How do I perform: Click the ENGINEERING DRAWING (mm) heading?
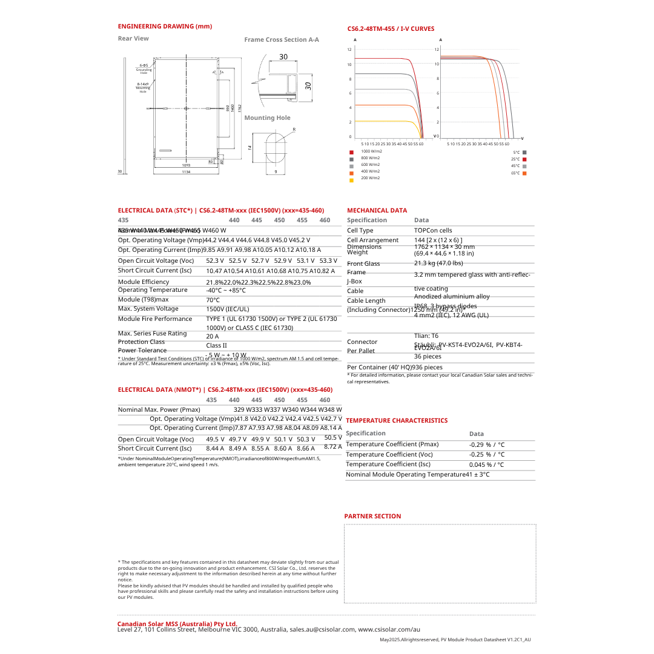(165, 27)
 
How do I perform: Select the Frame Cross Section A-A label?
(282, 40)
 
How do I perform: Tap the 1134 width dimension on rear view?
(186, 172)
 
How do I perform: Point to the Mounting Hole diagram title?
(267, 118)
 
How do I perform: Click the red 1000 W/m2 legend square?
(351, 152)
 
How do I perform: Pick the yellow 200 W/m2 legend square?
(351, 180)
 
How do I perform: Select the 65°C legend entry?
(519, 173)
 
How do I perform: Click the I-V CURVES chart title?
(391, 29)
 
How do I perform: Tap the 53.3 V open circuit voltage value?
(328, 260)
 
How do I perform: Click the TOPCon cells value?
(433, 231)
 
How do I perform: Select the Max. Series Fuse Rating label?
(152, 334)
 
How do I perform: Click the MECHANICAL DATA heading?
(377, 211)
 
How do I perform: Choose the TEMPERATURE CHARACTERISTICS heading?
(397, 420)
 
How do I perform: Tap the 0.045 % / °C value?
(486, 465)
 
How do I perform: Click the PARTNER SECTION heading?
(372, 517)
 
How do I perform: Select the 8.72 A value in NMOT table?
(333, 447)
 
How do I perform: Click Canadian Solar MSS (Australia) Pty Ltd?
(177, 624)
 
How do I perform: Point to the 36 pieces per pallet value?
(428, 357)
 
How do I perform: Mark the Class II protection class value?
(216, 346)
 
